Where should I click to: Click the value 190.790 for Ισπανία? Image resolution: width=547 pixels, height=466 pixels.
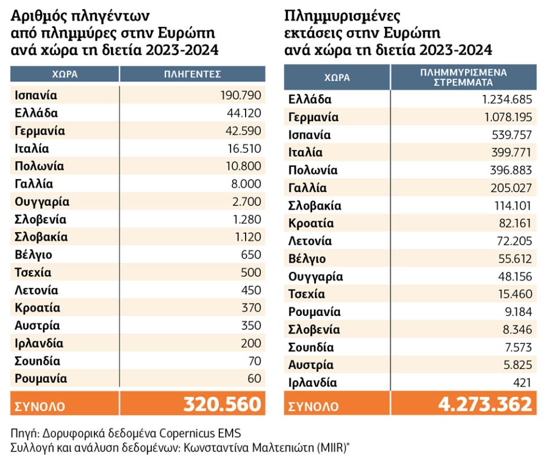(x=241, y=95)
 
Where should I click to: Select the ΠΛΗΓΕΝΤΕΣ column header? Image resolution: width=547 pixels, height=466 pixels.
(x=193, y=74)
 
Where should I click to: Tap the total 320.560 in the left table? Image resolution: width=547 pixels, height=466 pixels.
(x=223, y=404)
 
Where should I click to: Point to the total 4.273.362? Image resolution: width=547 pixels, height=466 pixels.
(x=485, y=404)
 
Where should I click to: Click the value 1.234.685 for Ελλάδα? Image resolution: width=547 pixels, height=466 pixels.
(x=507, y=99)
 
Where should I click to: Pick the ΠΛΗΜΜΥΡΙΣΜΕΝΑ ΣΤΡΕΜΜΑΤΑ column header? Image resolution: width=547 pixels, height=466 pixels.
(x=463, y=78)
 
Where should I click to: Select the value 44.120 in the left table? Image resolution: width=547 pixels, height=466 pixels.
(x=244, y=113)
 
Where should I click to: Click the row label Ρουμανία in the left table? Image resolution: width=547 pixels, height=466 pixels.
(x=41, y=379)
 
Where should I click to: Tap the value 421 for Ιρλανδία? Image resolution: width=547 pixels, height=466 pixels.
(x=522, y=383)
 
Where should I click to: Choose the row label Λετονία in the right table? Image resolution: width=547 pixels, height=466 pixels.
(x=310, y=241)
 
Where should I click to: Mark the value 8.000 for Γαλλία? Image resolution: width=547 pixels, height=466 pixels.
(x=246, y=184)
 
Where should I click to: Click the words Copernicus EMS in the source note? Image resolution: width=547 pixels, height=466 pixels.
(x=200, y=433)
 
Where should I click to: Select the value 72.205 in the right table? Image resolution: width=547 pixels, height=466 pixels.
(x=515, y=241)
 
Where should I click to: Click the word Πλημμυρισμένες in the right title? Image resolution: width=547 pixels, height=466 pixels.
(x=343, y=16)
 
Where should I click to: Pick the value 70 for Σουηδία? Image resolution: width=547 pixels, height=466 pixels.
(x=255, y=361)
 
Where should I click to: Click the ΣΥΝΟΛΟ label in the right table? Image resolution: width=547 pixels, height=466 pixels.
(x=313, y=406)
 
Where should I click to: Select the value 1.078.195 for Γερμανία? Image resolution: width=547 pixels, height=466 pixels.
(x=508, y=117)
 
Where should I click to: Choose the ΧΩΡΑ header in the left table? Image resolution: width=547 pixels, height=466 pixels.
(x=65, y=74)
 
